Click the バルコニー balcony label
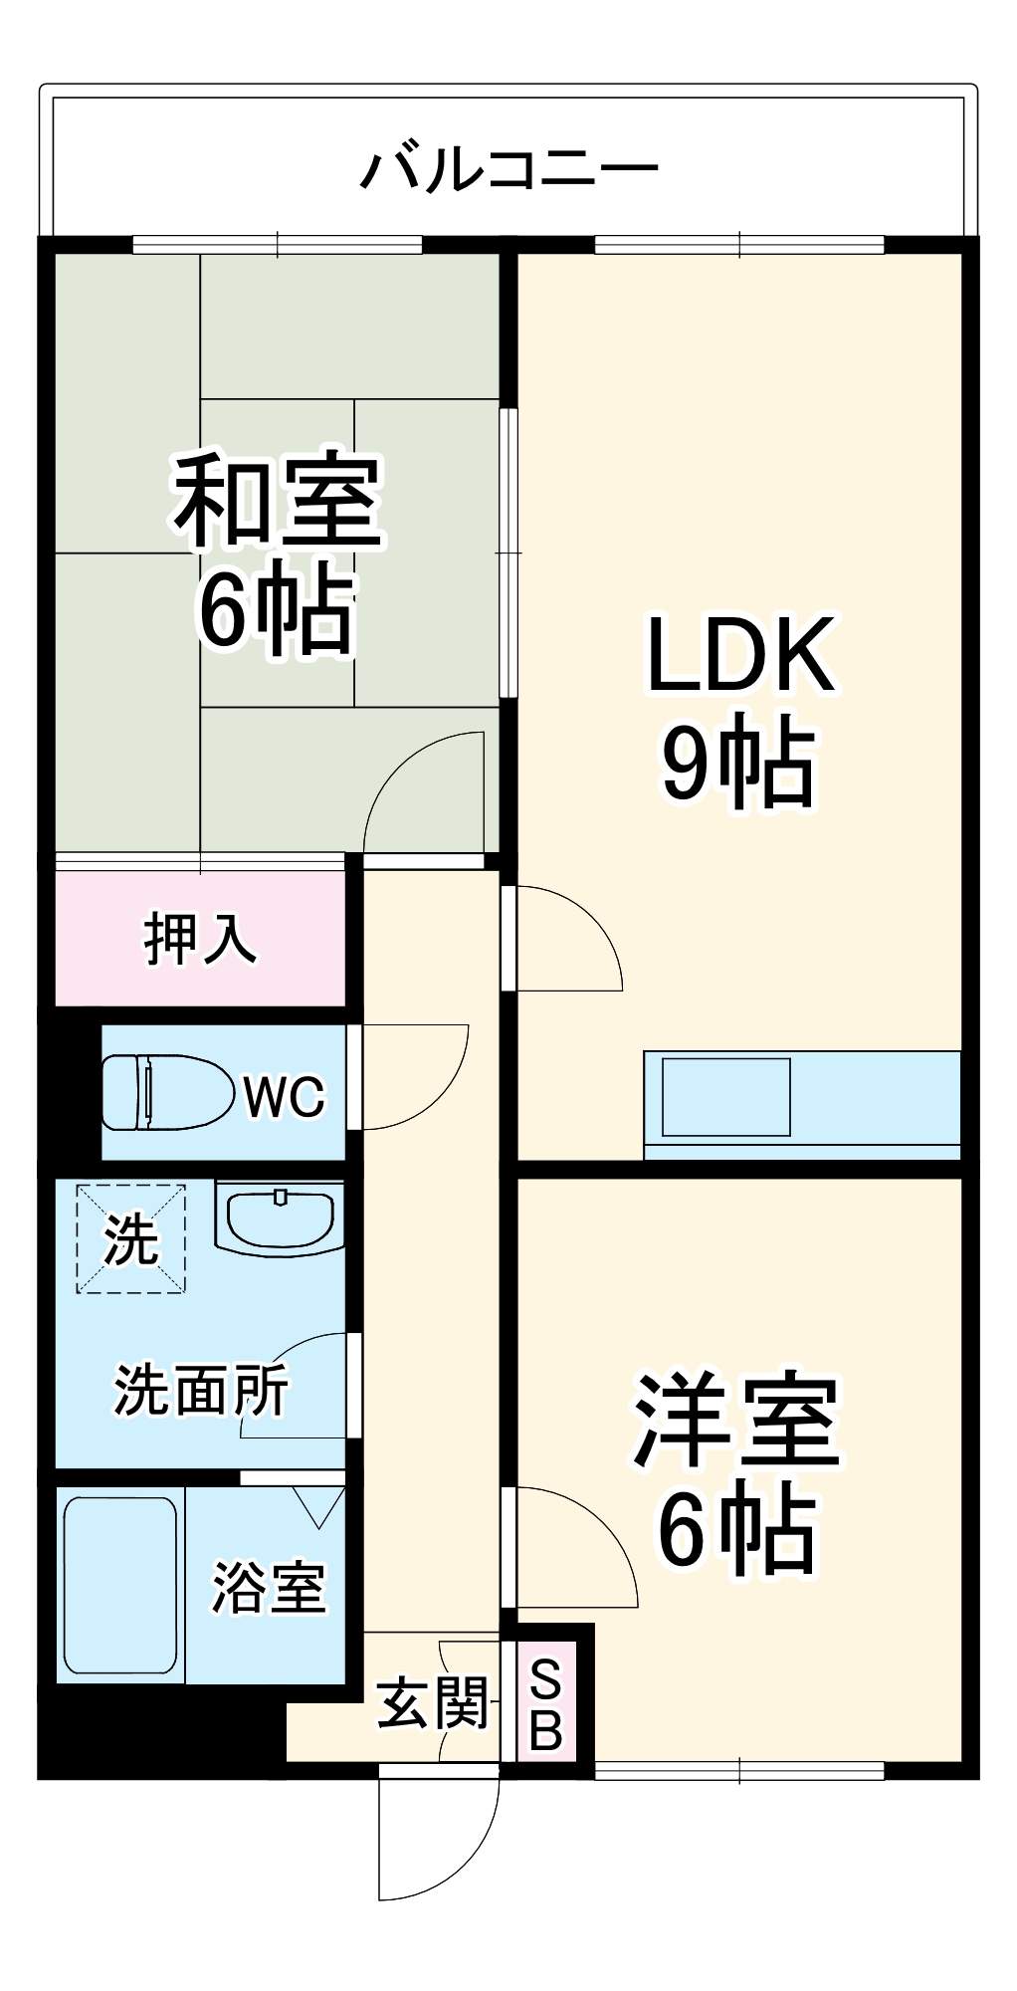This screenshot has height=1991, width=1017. (508, 169)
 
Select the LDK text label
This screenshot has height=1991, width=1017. (740, 655)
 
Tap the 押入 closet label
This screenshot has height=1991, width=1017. (200, 939)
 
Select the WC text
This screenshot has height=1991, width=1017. (284, 1096)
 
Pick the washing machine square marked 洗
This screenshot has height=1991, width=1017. (130, 1238)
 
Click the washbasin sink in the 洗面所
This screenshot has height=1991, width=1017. (280, 1216)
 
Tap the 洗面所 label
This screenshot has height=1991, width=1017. (200, 1390)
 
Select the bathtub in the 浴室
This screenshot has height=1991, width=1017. (120, 1585)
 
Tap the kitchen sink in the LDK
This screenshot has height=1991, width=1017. (725, 1097)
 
